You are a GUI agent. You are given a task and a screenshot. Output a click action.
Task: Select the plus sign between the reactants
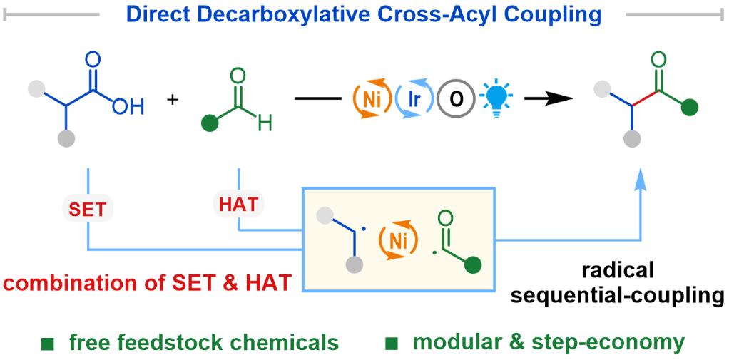click(173, 100)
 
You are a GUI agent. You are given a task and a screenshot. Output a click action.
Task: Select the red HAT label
click(238, 205)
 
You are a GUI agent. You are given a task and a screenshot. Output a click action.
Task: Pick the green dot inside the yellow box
click(474, 266)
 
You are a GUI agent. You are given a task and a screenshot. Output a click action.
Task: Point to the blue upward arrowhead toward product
click(641, 176)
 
